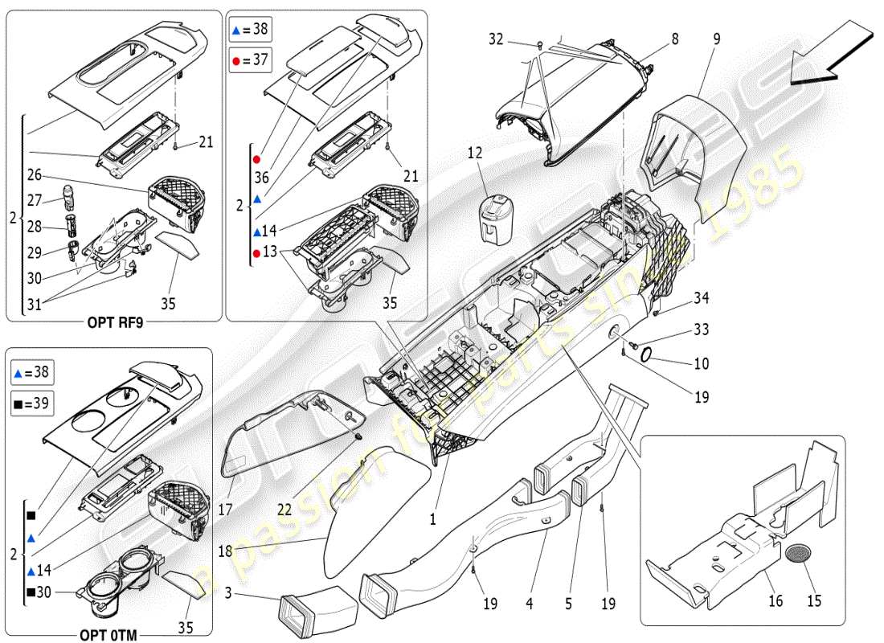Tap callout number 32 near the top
[x=495, y=38]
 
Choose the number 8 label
[x=674, y=38]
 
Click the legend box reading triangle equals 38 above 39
[x=32, y=371]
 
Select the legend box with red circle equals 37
[x=250, y=59]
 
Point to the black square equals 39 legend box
[x=32, y=403]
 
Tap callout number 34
[x=702, y=299]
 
